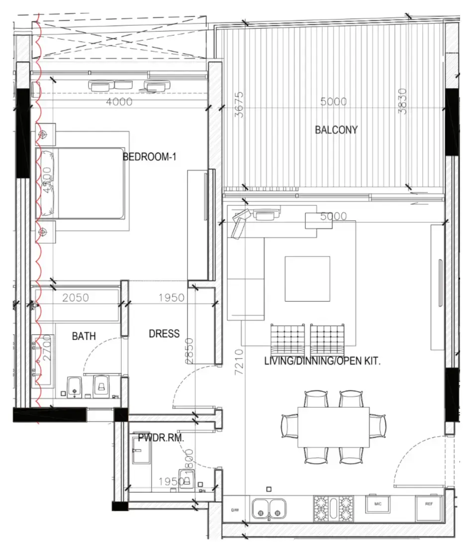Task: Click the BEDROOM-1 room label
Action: click(150, 157)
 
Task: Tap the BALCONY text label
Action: click(336, 130)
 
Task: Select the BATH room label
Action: click(84, 336)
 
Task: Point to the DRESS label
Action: click(164, 334)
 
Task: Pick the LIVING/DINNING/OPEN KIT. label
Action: click(322, 362)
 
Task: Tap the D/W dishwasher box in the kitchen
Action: click(235, 510)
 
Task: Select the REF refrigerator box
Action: click(429, 504)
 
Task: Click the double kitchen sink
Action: click(269, 509)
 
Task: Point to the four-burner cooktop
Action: click(333, 509)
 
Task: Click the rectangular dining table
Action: click(334, 427)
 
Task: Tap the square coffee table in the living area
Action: click(307, 278)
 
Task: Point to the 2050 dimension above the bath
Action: click(76, 298)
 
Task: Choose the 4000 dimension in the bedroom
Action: click(119, 102)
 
